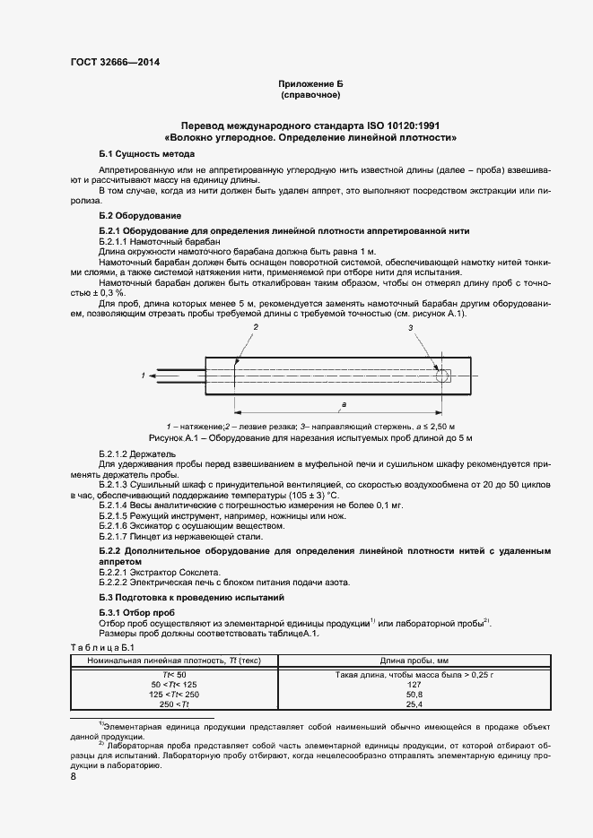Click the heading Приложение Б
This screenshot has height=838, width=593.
310,82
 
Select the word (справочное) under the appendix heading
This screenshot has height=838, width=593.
310,94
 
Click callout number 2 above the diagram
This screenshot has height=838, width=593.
256,329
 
